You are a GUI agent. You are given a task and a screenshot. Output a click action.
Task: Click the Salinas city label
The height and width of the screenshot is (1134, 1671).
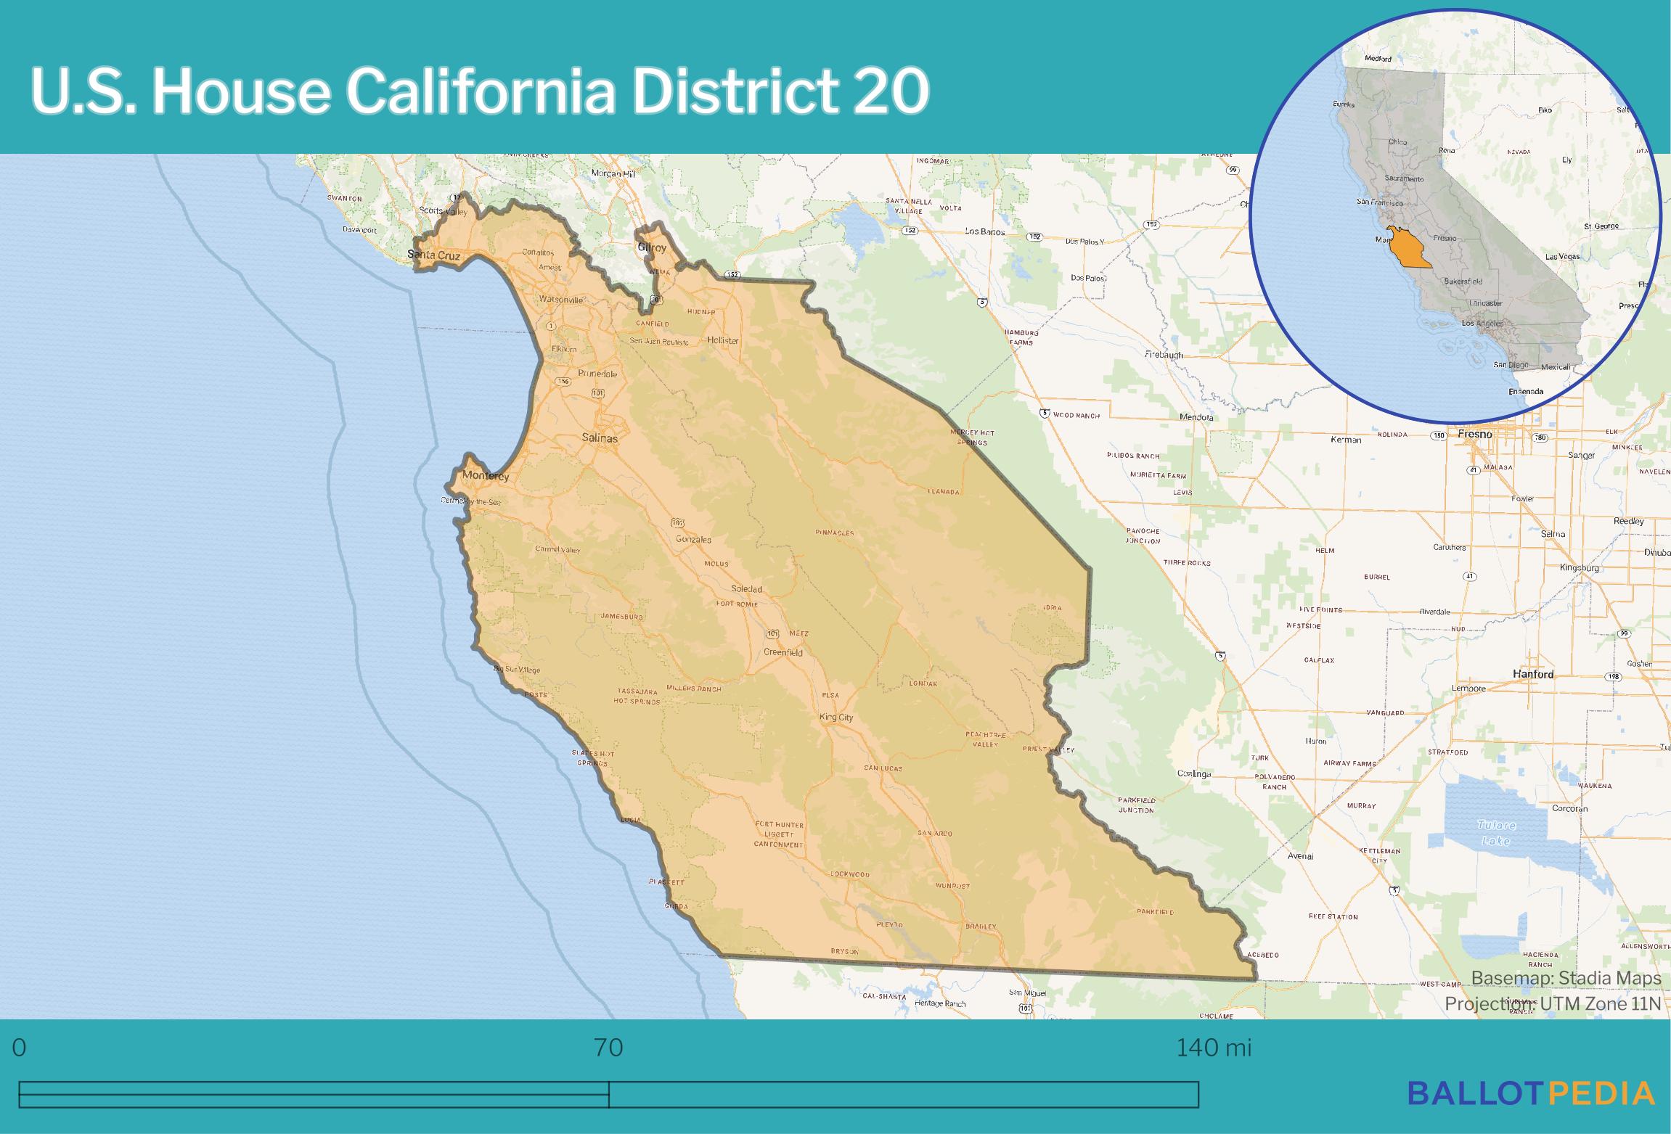(600, 438)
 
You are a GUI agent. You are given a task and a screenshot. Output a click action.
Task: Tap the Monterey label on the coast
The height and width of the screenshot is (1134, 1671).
(486, 477)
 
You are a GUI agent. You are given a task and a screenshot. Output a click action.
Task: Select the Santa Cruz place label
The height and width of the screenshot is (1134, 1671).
(433, 255)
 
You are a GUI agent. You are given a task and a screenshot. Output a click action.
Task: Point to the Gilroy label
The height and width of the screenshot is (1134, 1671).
(652, 247)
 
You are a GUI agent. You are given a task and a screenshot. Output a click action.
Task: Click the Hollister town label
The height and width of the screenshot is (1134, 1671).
(722, 340)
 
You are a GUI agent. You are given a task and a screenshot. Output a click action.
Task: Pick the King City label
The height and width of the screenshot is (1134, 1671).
(835, 718)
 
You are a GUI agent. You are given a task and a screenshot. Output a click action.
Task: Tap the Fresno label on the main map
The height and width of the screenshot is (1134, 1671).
(1475, 434)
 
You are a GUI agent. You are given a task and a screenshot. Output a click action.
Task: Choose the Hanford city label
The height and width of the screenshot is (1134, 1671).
(1533, 674)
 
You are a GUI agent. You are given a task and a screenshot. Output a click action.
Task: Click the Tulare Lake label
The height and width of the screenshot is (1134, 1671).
(1496, 833)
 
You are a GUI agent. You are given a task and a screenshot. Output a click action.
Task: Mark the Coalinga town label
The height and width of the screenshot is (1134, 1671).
(1194, 773)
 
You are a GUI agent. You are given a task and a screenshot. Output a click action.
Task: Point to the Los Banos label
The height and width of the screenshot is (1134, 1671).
(984, 231)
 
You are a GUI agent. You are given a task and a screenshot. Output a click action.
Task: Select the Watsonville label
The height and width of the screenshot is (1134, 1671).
(560, 300)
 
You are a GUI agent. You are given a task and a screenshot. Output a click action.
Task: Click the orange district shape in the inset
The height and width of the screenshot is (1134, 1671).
(1408, 250)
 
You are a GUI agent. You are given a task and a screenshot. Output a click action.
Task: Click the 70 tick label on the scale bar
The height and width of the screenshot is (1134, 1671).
(608, 1048)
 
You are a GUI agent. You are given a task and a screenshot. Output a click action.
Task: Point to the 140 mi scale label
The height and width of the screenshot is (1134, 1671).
(1214, 1048)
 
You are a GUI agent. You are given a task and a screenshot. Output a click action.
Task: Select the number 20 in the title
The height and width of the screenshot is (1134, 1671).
(891, 93)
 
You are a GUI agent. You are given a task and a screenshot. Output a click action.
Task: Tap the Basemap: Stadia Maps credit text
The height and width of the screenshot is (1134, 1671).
(1566, 979)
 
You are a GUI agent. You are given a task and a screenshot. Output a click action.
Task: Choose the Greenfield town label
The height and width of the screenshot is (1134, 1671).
(783, 652)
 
